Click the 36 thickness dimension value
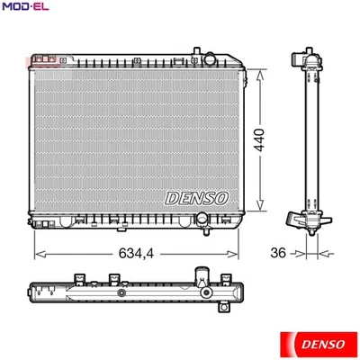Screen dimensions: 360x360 [x=278, y=253]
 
